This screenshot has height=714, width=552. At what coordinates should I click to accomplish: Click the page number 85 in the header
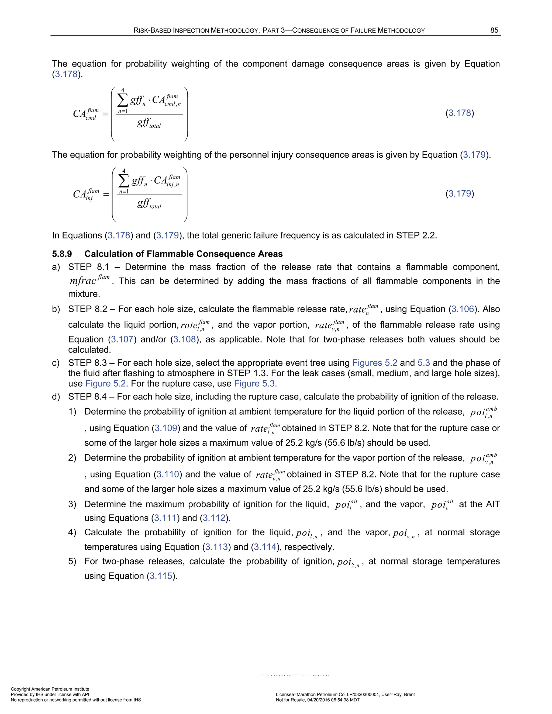pos(494,30)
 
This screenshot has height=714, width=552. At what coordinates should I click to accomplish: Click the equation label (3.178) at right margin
pos(460,113)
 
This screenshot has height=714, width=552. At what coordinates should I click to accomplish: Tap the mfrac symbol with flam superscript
pos(89,280)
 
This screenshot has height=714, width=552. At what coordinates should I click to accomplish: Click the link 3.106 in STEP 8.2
pos(463,309)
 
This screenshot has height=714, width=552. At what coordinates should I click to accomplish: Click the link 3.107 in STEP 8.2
pos(122,339)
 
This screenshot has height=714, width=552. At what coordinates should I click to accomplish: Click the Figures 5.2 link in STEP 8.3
pos(374,363)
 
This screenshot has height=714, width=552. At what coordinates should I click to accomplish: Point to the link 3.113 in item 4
pos(216,547)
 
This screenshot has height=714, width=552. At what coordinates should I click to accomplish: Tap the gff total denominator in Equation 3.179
pos(149,204)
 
